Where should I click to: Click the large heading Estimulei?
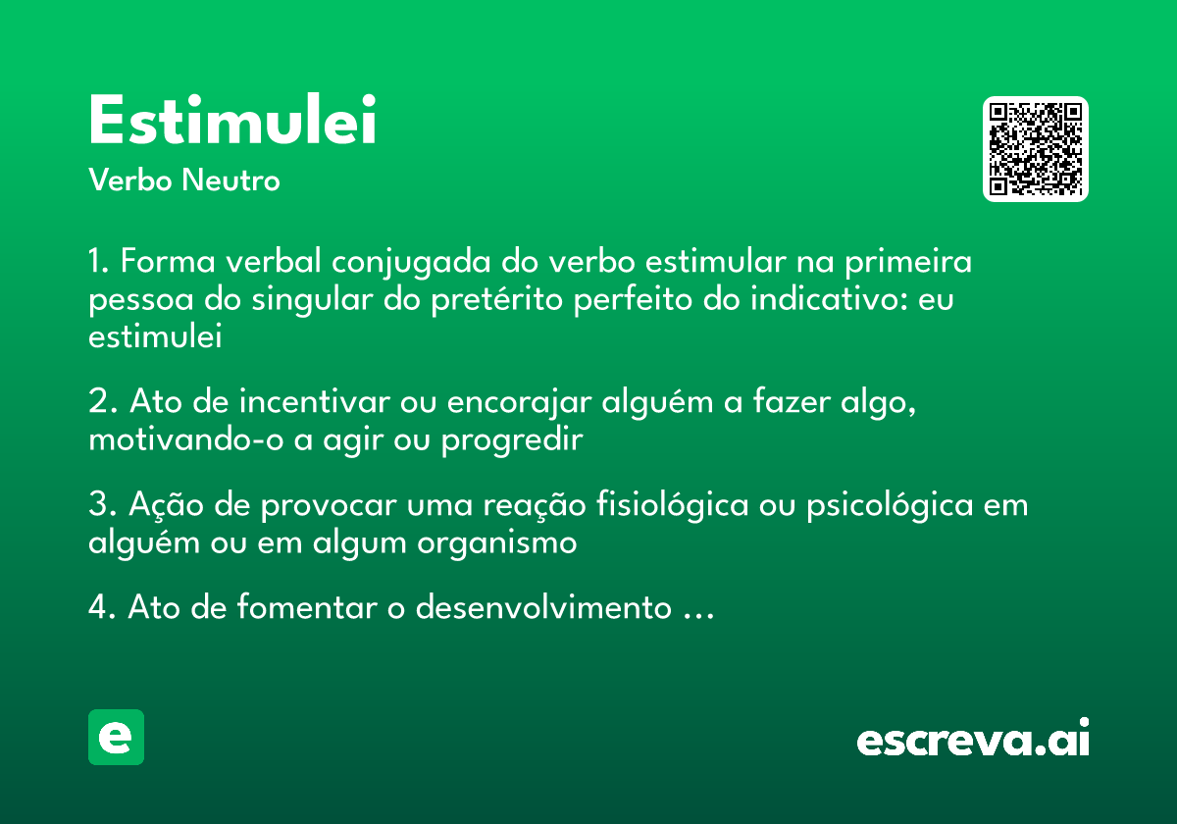(232, 122)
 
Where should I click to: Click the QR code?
(1036, 149)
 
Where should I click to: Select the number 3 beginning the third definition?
(97, 505)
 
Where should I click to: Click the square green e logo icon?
(117, 737)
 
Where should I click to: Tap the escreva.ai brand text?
(973, 739)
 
